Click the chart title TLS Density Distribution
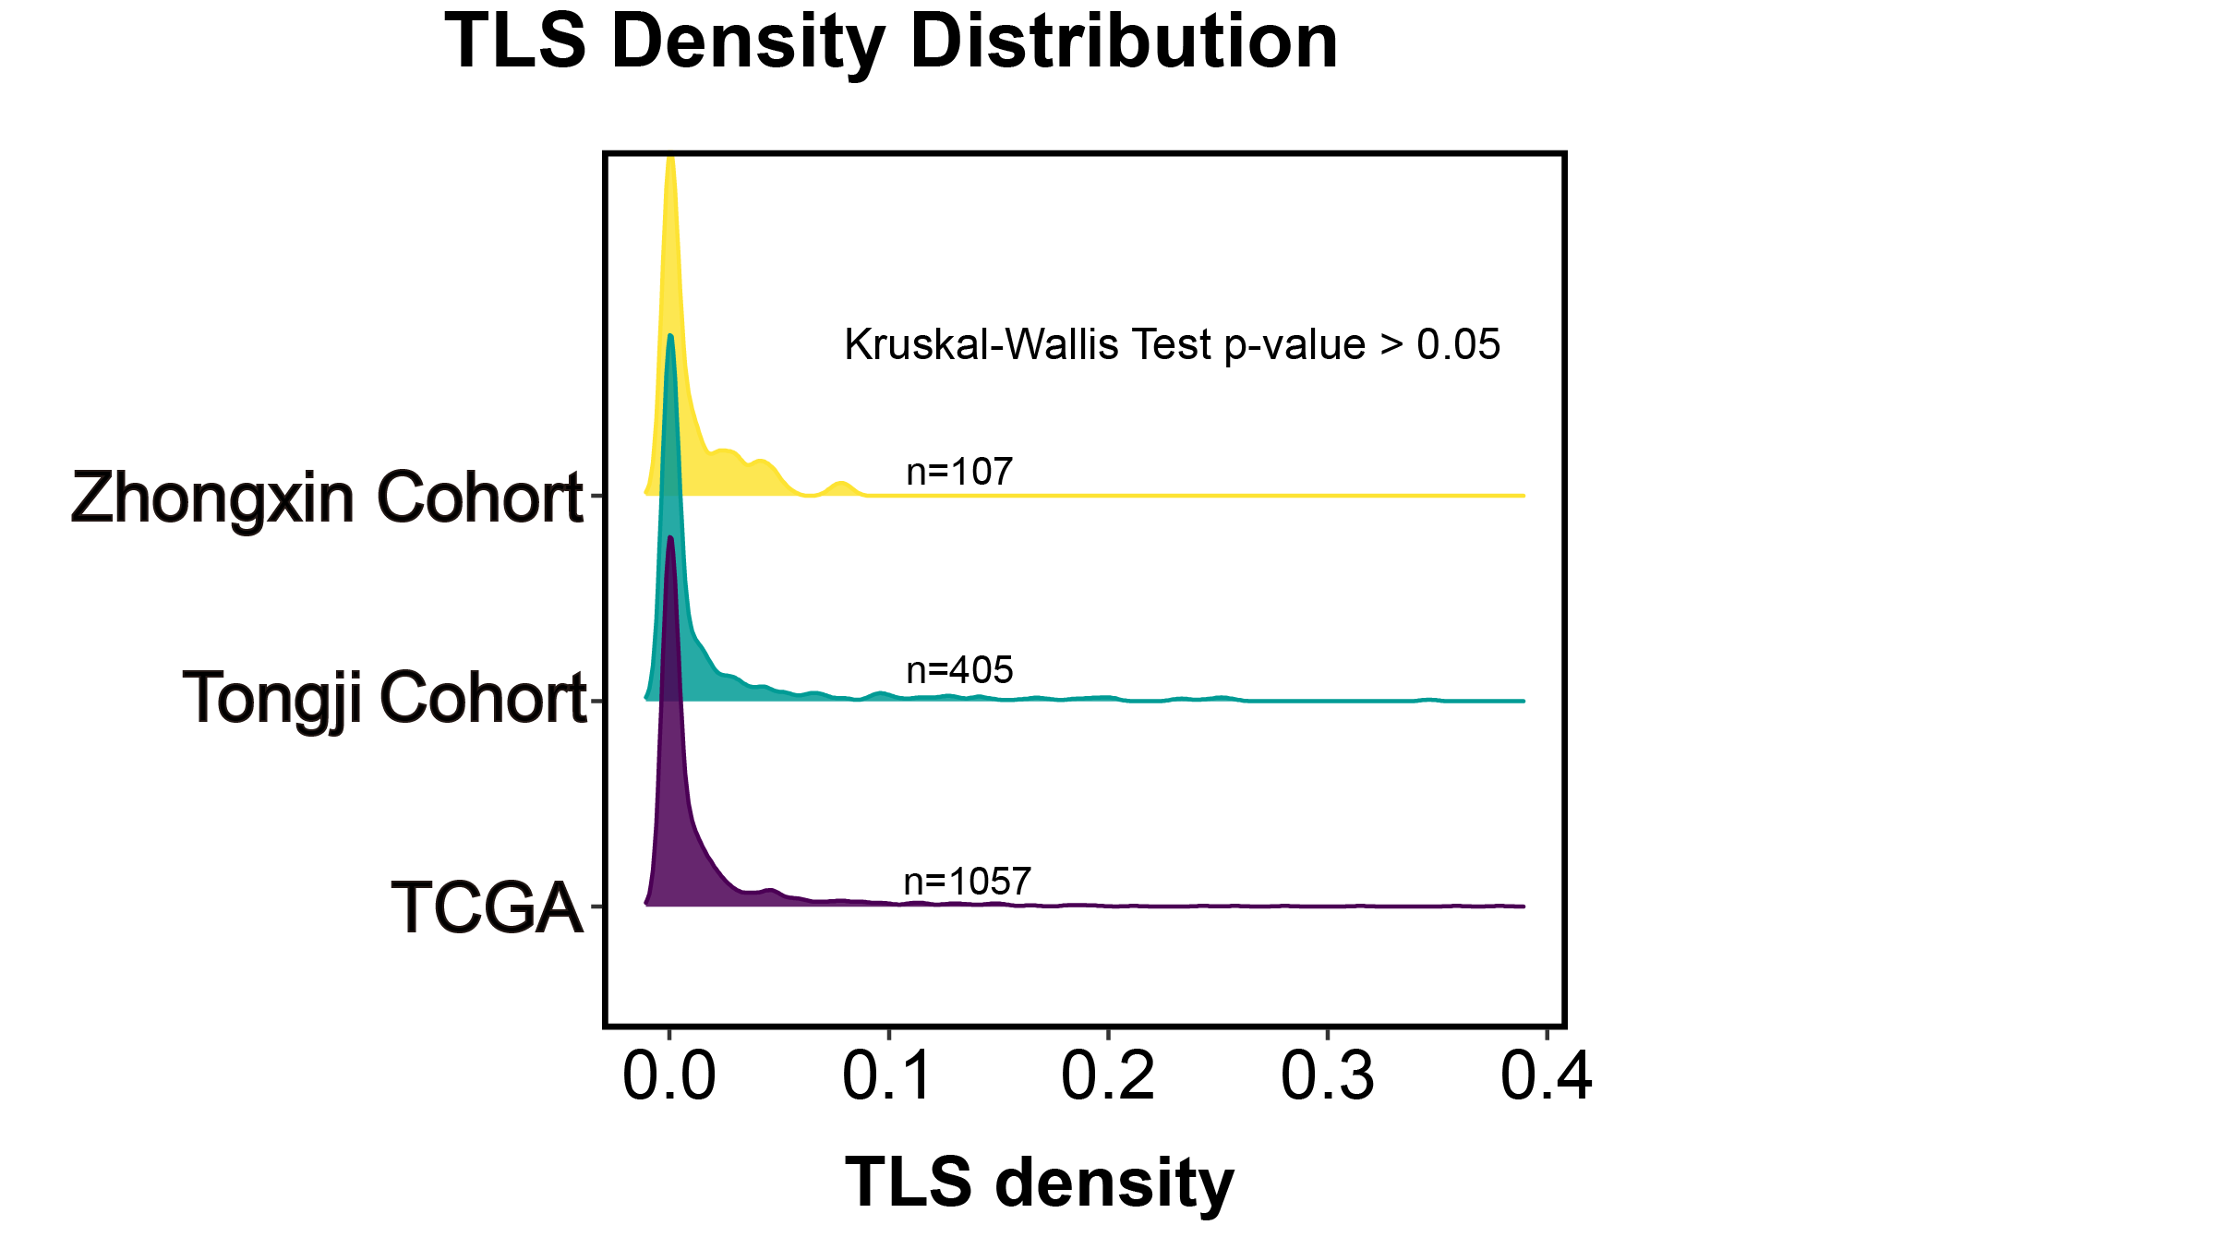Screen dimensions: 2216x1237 click(x=891, y=43)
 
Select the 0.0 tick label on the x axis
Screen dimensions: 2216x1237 click(x=669, y=1077)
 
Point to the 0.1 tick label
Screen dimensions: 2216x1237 click(x=887, y=1077)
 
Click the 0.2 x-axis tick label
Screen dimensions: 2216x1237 click(x=1107, y=1077)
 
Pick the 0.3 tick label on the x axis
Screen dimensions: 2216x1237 click(x=1327, y=1077)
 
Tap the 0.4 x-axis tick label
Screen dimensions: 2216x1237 click(x=1547, y=1077)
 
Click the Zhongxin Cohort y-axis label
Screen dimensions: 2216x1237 click(x=327, y=498)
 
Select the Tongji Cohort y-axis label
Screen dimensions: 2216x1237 click(x=384, y=699)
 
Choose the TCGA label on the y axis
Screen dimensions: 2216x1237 click(x=487, y=908)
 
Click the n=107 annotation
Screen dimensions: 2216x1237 click(x=959, y=472)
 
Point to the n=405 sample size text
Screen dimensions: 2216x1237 click(x=959, y=670)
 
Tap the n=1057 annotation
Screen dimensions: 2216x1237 click(x=967, y=882)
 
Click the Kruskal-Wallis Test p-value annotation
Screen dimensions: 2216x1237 click(x=1172, y=345)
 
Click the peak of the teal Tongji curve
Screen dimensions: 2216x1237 click(x=670, y=336)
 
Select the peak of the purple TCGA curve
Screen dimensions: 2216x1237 click(x=670, y=537)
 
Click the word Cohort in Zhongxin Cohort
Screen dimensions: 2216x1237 click(x=480, y=498)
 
